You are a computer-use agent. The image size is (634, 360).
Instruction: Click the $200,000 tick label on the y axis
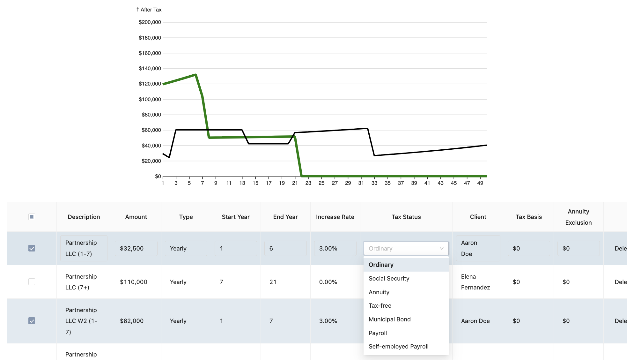(150, 22)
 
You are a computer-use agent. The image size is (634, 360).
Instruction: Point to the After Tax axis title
(149, 10)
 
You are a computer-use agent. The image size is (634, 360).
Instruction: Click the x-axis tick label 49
(480, 183)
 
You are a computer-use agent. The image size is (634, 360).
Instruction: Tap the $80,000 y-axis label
(151, 115)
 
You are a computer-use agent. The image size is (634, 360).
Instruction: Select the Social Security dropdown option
(389, 279)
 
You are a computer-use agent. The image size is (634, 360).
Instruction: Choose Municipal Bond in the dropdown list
(389, 319)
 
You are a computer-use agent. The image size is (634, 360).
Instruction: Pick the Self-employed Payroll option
(398, 347)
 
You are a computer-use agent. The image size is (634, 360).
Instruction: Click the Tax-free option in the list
(380, 306)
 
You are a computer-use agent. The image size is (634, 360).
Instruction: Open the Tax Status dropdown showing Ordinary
(406, 248)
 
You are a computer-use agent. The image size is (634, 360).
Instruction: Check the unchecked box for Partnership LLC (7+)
(32, 282)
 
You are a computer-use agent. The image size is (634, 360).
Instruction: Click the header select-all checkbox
(32, 217)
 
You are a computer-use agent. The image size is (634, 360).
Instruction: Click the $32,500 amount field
(136, 248)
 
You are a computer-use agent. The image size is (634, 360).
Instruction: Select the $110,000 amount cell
(134, 282)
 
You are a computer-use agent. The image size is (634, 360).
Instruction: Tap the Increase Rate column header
(335, 217)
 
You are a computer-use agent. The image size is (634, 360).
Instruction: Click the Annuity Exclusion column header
(578, 217)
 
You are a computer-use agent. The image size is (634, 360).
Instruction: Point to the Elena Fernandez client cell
(475, 282)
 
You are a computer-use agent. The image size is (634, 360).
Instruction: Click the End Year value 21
(273, 282)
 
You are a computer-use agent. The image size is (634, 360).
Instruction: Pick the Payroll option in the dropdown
(378, 333)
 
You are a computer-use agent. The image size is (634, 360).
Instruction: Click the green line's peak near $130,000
(195, 75)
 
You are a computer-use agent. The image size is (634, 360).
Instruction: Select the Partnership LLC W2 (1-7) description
(81, 321)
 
